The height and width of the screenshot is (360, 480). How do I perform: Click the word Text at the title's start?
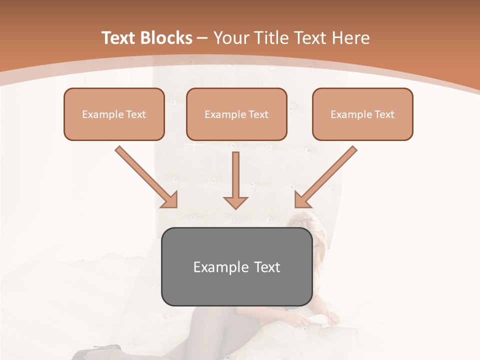(120, 38)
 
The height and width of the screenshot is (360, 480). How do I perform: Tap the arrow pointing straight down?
(235, 180)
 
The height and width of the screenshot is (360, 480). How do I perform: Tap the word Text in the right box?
(384, 114)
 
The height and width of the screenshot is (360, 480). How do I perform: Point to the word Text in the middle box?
(258, 114)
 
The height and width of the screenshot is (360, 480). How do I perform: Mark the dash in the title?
(203, 38)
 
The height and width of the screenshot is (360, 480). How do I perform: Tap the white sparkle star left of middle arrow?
(194, 145)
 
